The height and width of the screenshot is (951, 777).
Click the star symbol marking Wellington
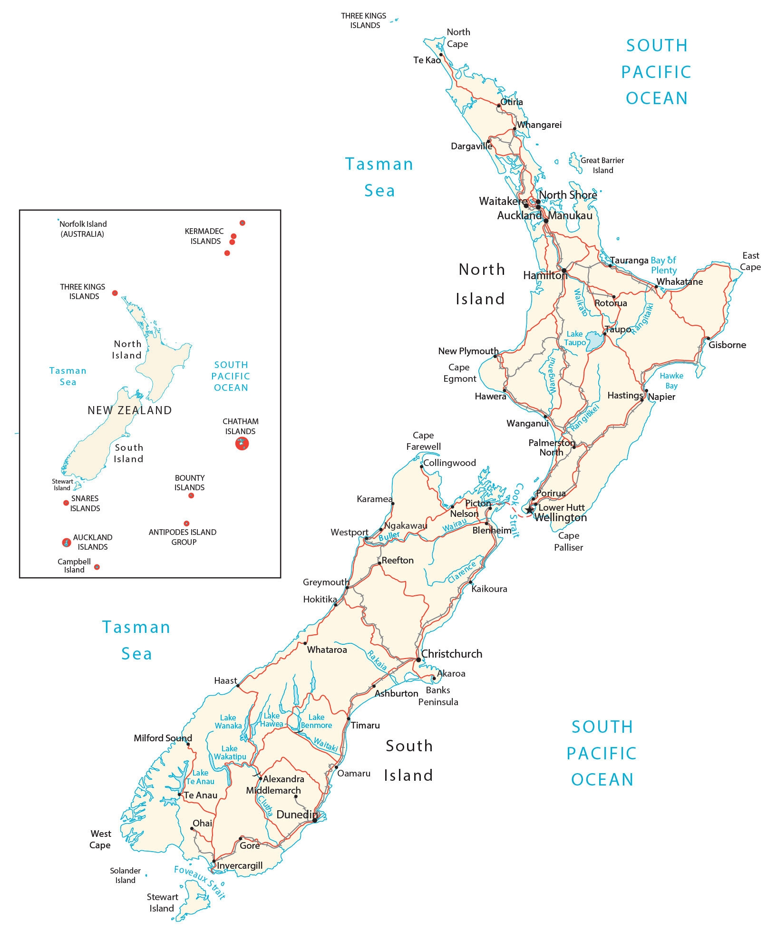tap(530, 510)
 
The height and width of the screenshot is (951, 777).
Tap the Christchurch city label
tap(451, 654)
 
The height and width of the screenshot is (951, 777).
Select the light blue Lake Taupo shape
tap(594, 341)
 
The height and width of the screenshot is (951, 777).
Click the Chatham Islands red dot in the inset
tap(242, 444)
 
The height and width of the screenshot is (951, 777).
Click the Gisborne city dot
tap(709, 339)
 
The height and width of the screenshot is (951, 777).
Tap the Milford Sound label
tap(163, 738)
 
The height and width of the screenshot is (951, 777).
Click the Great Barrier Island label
tap(602, 165)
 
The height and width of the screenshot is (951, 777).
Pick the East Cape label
tap(750, 261)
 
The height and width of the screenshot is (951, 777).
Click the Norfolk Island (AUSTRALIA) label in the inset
tap(83, 229)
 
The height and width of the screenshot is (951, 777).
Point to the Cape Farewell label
tap(423, 441)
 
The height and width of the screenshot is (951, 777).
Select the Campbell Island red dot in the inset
tap(97, 567)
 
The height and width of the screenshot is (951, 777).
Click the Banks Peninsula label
tap(438, 696)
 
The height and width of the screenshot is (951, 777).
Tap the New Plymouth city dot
tap(495, 356)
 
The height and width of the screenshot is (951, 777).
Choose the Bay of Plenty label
tap(663, 265)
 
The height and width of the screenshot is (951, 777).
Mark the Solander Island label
tap(125, 875)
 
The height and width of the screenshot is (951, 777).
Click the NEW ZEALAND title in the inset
tap(129, 410)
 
